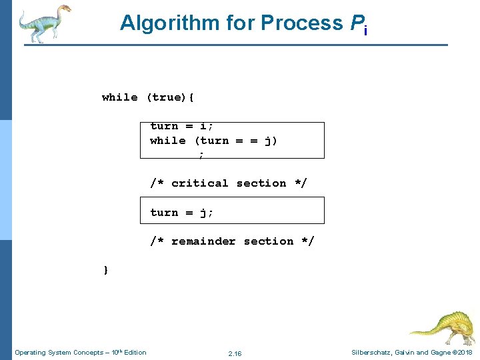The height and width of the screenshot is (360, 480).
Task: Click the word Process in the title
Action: pyautogui.click(x=302, y=23)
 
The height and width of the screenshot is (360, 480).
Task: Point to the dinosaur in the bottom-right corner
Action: pyautogui.click(x=441, y=327)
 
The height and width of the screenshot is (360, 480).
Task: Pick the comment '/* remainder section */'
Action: pyautogui.click(x=231, y=241)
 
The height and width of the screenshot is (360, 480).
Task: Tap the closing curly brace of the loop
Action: pyautogui.click(x=105, y=270)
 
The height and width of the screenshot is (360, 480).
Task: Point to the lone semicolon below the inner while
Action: pyautogui.click(x=201, y=155)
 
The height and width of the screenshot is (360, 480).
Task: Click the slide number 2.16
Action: pyautogui.click(x=235, y=353)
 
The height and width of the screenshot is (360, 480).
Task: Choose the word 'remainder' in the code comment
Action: pyautogui.click(x=203, y=241)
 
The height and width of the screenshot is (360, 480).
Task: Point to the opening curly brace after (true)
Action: pyautogui.click(x=192, y=97)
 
